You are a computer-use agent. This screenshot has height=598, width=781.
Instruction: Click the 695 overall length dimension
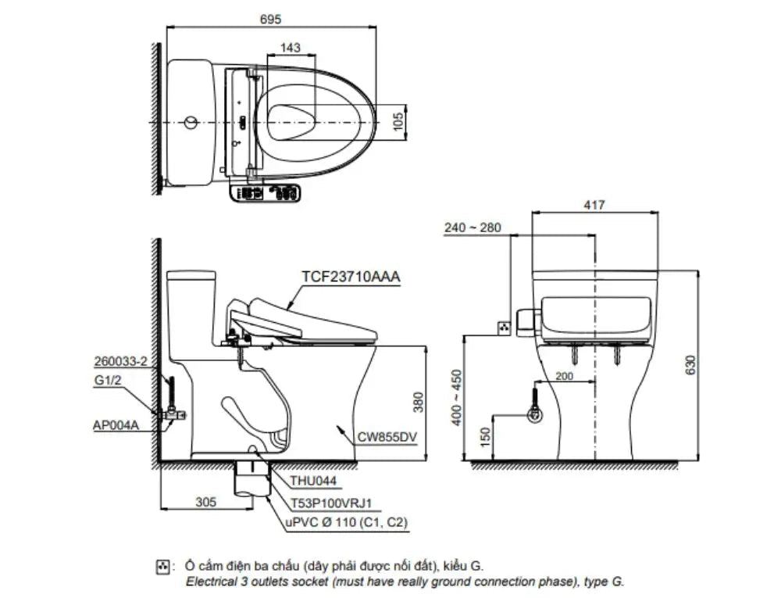270,19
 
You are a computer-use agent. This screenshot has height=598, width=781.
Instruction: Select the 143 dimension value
290,48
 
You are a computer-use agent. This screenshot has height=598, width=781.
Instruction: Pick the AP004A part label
115,425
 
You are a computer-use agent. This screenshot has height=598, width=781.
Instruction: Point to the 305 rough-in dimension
205,503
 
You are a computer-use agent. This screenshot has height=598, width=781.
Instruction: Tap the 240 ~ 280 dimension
470,228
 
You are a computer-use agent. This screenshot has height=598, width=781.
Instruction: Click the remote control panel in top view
266,192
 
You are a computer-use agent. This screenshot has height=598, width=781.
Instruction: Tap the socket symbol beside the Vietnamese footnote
163,564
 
